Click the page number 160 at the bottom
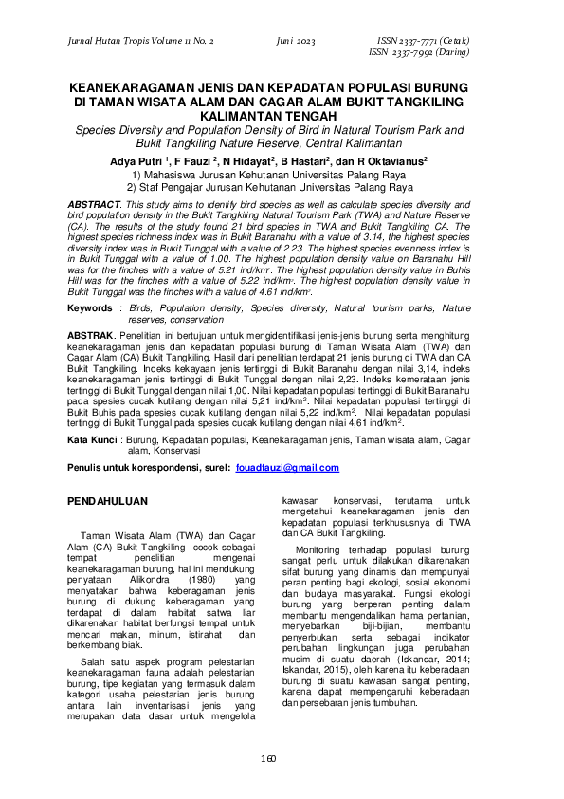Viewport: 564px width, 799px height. pos(282,758)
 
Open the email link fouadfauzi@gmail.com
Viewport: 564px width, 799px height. pos(287,469)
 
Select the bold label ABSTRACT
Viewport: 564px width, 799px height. pos(97,205)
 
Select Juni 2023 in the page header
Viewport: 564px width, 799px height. pos(296,43)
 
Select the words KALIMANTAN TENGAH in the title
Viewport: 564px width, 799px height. pos(282,111)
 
